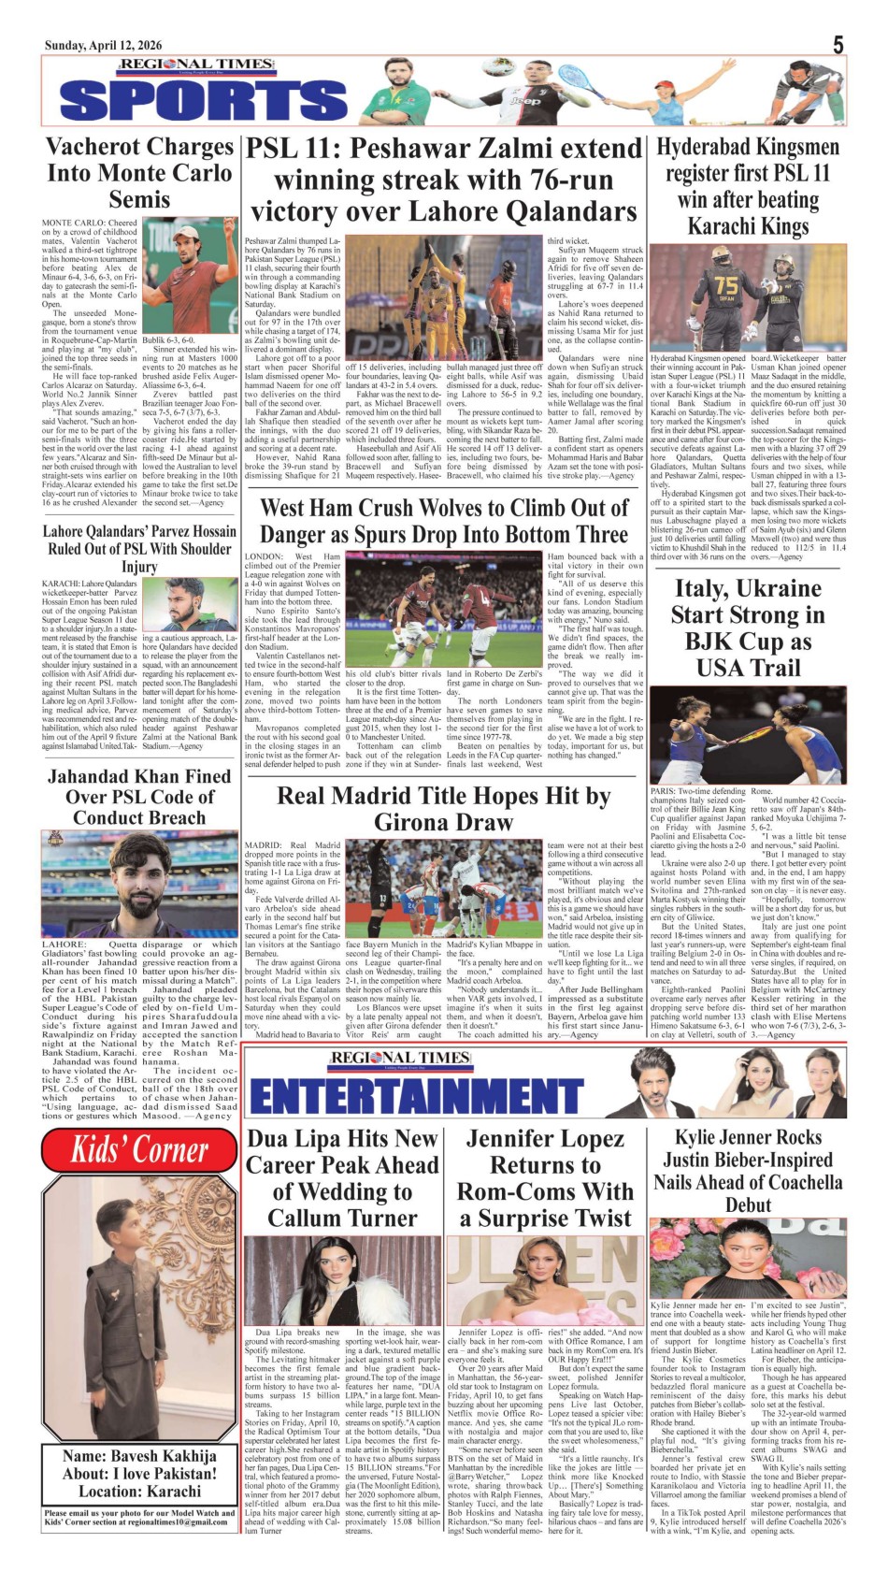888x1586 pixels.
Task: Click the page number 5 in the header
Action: point(838,44)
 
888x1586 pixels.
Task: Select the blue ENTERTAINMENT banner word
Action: point(417,1095)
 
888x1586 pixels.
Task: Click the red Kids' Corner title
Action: point(139,1149)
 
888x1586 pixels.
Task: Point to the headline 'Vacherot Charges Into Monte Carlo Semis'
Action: point(139,173)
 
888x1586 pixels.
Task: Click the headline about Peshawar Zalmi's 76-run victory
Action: point(443,180)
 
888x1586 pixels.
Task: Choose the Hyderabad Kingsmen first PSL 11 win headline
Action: point(748,186)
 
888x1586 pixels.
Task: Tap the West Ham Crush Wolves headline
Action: point(443,521)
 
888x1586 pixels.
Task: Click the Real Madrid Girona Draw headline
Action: point(443,809)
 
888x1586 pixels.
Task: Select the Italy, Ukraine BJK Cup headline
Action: point(748,627)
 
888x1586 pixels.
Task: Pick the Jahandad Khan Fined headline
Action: point(139,797)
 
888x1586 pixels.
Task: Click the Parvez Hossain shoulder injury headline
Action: point(139,548)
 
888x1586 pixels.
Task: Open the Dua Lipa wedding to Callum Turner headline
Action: point(342,1178)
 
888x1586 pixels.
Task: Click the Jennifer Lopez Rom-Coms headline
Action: point(545,1178)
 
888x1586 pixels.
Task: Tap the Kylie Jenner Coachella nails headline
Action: point(748,1171)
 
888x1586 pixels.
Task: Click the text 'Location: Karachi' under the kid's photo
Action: point(139,1492)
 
